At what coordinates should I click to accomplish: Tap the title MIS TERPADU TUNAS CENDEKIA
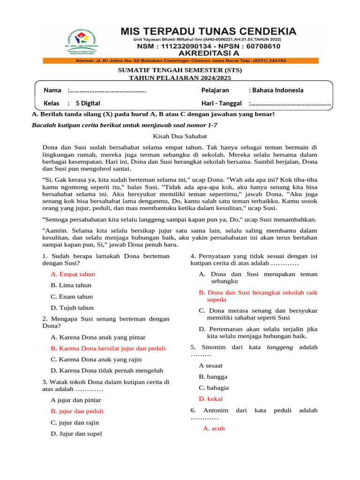pos(209,31)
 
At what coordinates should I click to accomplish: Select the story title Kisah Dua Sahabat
pos(180,135)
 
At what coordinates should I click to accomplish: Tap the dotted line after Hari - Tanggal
pos(290,103)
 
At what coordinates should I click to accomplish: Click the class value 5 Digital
pos(84,103)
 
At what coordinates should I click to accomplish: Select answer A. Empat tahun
pos(73,274)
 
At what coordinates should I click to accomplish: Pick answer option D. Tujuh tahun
pos(72,308)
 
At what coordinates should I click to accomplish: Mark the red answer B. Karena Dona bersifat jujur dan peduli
pos(108,348)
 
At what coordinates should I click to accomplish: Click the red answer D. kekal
pos(210,399)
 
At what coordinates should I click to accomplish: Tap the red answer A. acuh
pos(214,428)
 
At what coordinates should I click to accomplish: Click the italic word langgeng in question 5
pos(280,347)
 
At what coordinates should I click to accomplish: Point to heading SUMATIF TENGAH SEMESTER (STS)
pos(180,70)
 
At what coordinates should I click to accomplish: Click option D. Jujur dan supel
pos(76,434)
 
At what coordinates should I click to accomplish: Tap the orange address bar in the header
pos(180,60)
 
